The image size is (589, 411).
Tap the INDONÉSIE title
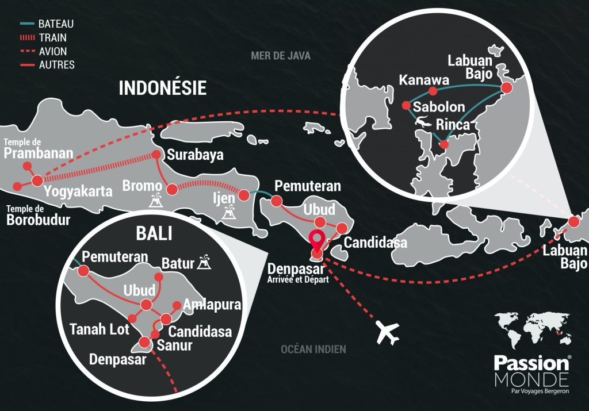(162, 87)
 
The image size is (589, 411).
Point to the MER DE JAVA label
(281, 56)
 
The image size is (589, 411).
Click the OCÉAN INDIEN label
(313, 349)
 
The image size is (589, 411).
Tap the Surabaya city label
(194, 155)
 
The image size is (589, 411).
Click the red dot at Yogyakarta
(37, 180)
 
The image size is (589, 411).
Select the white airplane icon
(387, 332)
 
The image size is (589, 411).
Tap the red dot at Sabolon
(406, 106)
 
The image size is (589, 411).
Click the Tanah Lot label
(95, 329)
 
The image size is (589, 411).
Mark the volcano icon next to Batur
(204, 263)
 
